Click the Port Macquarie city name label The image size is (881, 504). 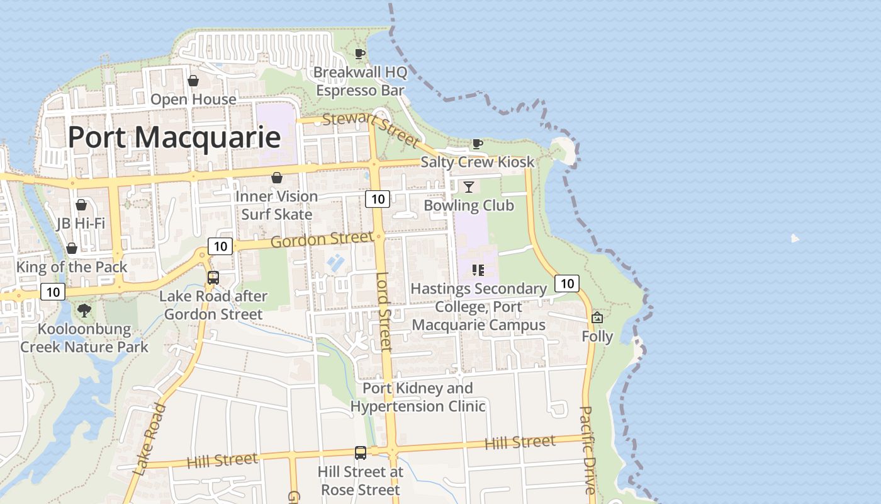(x=174, y=137)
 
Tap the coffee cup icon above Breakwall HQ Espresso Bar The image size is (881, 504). (x=359, y=54)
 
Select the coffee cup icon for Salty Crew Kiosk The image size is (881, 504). (x=478, y=144)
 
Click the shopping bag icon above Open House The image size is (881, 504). (x=193, y=81)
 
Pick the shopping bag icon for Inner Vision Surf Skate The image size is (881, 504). (x=276, y=178)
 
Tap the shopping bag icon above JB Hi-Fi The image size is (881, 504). (x=81, y=205)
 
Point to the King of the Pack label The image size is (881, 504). (x=72, y=266)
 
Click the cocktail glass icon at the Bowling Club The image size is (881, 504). (x=468, y=186)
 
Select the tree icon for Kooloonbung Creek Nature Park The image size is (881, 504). (x=84, y=310)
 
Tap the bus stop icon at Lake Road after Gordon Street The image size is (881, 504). (x=213, y=277)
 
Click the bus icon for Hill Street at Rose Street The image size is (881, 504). (x=360, y=452)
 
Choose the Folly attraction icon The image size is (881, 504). (x=597, y=318)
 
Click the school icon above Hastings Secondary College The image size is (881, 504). (x=478, y=270)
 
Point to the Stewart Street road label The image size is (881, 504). (x=369, y=128)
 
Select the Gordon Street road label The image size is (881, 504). (x=322, y=239)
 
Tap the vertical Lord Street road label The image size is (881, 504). (x=384, y=311)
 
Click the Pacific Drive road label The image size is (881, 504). (x=587, y=450)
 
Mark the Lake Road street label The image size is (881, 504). (x=150, y=439)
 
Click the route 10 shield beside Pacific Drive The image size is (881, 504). (x=567, y=283)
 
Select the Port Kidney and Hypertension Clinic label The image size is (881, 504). (x=418, y=397)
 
